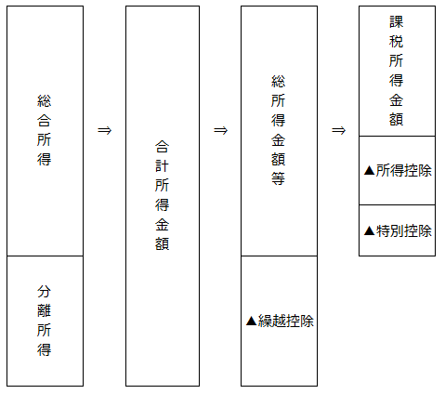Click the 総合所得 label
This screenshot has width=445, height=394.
point(44,130)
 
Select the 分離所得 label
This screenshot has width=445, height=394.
point(44,321)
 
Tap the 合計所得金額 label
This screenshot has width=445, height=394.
point(162,195)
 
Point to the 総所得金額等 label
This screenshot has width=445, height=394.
point(278,130)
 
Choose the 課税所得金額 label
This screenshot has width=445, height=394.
point(396,71)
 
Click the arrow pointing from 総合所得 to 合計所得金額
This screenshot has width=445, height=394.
point(104,130)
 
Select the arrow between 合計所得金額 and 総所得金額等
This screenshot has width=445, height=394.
point(220,130)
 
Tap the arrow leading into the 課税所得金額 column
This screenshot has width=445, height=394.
point(338,130)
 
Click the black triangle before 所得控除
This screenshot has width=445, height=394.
point(370,170)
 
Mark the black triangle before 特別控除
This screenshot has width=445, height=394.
point(370,230)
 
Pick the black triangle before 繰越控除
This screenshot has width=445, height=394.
point(252,321)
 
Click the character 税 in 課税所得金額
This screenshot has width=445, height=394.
point(396,41)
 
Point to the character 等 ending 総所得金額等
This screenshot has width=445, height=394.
point(278,178)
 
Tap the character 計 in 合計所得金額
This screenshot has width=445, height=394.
point(162,166)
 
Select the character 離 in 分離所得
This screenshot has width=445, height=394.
point(44,310)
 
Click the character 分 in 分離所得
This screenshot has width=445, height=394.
point(44,292)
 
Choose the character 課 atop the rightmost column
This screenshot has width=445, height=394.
point(396,22)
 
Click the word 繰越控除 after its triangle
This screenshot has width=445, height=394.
point(286,321)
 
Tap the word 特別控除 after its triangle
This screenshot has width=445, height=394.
point(404,230)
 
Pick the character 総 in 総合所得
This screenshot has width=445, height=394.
point(44,100)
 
